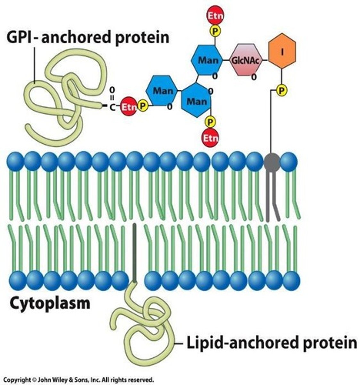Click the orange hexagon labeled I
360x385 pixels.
[x=282, y=52]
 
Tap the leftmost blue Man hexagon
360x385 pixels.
[x=162, y=91]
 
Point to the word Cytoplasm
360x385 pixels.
[x=50, y=303]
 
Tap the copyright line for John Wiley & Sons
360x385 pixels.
[x=79, y=380]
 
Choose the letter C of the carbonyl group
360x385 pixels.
[x=112, y=107]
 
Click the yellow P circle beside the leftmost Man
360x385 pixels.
[x=143, y=106]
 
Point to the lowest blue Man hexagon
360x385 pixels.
[x=197, y=101]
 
